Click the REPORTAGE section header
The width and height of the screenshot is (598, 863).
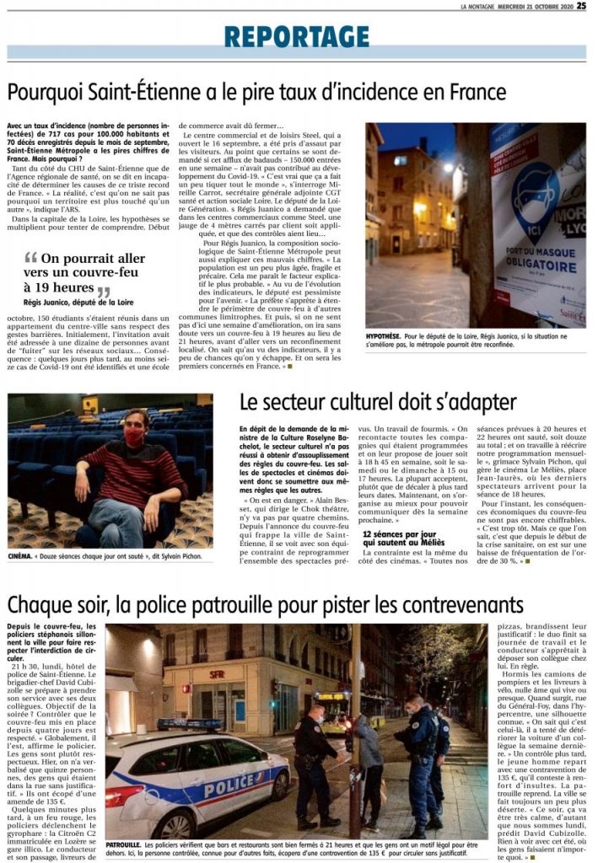pos(297,36)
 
